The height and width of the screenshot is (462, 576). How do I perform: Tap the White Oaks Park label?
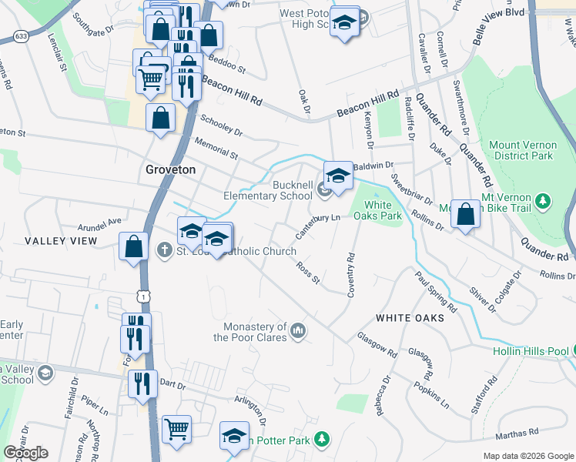pyautogui.click(x=377, y=210)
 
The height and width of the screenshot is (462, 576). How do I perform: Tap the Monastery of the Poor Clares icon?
pyautogui.click(x=299, y=332)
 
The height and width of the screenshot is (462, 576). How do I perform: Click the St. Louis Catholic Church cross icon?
pyautogui.click(x=164, y=250)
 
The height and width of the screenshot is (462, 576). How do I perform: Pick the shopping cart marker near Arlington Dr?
pyautogui.click(x=177, y=430)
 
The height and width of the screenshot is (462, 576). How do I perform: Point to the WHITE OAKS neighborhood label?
pyautogui.click(x=410, y=318)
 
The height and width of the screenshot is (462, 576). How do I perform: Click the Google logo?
pyautogui.click(x=25, y=453)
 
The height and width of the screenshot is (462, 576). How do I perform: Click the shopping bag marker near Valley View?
pyautogui.click(x=134, y=246)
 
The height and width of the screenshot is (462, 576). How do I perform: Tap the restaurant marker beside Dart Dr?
pyautogui.click(x=142, y=383)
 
